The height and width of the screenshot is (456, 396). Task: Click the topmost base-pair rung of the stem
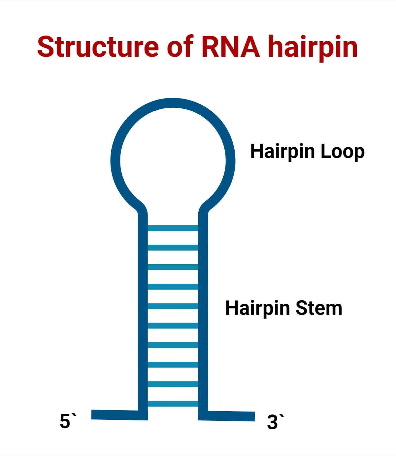pos(173,228)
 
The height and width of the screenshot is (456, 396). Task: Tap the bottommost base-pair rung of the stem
pos(173,404)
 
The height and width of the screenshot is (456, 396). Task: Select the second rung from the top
pos(173,247)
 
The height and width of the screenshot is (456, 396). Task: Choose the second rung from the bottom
pos(173,384)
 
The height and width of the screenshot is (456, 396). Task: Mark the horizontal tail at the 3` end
pos(231,416)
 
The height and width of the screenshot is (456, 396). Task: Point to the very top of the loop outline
pos(173,102)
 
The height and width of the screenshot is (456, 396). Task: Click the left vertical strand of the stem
pos(143,313)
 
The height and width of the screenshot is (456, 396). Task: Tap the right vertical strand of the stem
pos(203,313)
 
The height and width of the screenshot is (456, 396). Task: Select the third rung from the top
pos(173,267)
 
